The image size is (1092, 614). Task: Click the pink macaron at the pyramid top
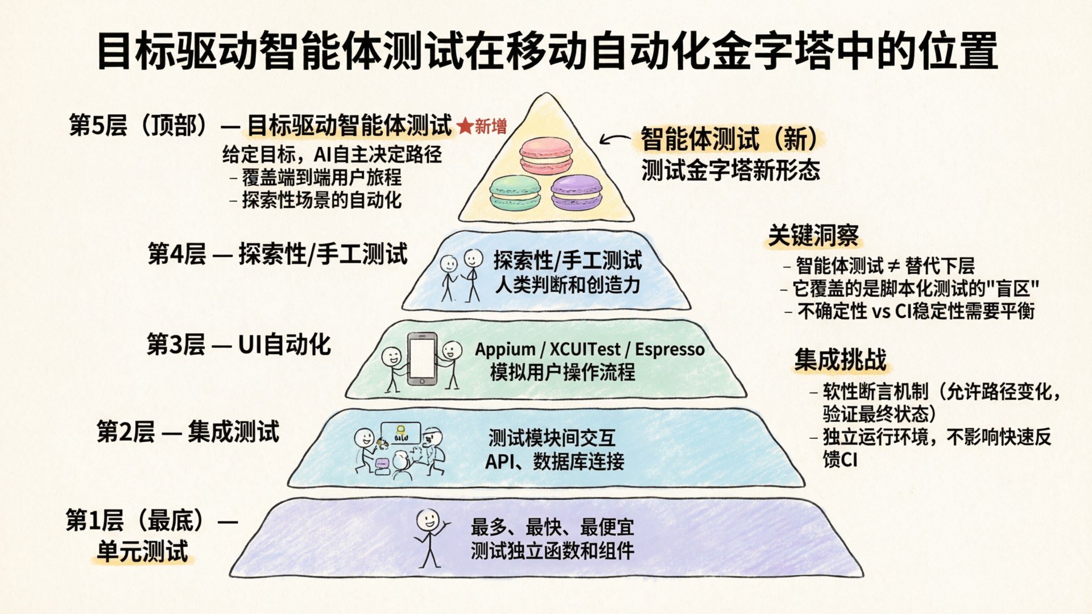(x=545, y=155)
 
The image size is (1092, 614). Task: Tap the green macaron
(x=515, y=192)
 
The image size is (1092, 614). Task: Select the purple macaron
(x=576, y=192)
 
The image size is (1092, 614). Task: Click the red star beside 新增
(x=465, y=126)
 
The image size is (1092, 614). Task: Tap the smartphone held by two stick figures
(x=423, y=359)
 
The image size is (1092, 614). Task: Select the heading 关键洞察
(x=813, y=235)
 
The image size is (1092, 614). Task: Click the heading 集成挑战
(x=840, y=359)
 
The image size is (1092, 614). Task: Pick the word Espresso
(x=670, y=349)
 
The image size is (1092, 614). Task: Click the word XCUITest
(x=585, y=349)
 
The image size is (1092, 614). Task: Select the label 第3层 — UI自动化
(x=239, y=345)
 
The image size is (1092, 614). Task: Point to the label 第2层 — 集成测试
(x=188, y=432)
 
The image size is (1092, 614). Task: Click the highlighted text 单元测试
(x=142, y=551)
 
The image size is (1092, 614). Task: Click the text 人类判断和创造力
(x=568, y=284)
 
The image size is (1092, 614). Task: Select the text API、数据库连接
(x=555, y=461)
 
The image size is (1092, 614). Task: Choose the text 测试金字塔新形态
(x=731, y=169)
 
